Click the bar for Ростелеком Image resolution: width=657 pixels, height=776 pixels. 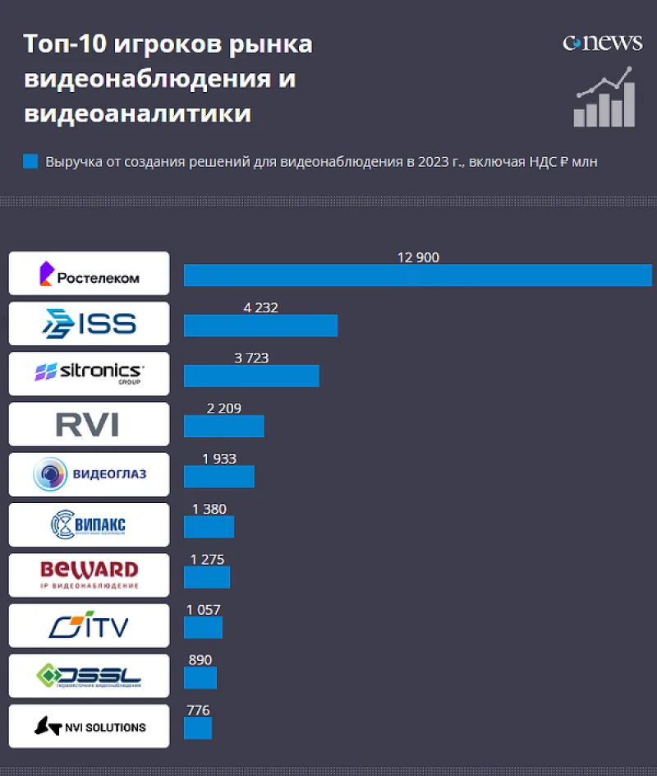click(417, 275)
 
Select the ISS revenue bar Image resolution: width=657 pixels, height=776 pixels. click(260, 326)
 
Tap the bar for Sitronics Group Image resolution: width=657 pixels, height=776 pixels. click(251, 376)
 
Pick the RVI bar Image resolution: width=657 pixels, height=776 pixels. click(223, 426)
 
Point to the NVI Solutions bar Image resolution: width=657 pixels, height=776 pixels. click(198, 727)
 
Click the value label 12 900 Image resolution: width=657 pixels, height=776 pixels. click(418, 257)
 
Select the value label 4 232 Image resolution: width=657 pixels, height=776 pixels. click(260, 308)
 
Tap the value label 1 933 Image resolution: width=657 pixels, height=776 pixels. click(218, 459)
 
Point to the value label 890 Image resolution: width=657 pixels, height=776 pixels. click(200, 659)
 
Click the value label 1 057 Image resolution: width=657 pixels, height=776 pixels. click(204, 609)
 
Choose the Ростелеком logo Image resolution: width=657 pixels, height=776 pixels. click(89, 274)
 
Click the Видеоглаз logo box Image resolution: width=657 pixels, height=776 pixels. click(89, 474)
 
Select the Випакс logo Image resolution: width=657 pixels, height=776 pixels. click(89, 524)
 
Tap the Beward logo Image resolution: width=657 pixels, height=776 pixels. click(89, 575)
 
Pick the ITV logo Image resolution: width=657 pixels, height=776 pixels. click(89, 626)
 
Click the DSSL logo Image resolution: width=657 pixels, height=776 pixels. click(89, 676)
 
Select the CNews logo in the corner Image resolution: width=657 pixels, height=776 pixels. click(602, 43)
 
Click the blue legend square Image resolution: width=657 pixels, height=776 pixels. click(30, 161)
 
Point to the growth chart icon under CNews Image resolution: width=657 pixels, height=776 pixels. click(604, 99)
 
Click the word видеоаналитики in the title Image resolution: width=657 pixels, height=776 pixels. click(137, 113)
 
